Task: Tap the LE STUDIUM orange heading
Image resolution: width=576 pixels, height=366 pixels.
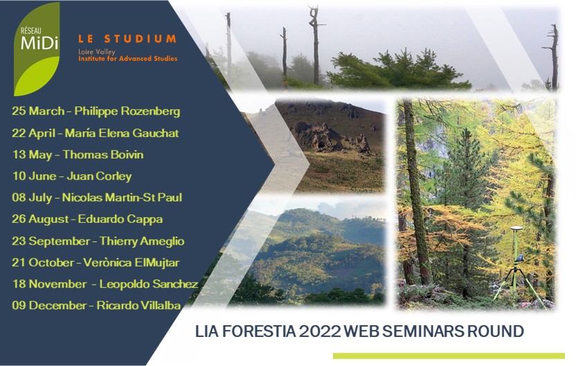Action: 127,39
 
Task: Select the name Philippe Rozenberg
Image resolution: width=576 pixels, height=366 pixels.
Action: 127,111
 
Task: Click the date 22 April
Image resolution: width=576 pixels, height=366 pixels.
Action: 33,133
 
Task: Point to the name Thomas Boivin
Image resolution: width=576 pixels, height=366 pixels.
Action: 103,154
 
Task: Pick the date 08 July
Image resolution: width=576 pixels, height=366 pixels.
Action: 32,197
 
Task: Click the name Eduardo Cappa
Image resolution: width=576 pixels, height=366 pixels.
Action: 120,219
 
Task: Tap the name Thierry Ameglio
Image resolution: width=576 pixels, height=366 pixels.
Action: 142,241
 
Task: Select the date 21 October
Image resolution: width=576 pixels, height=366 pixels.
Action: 43,262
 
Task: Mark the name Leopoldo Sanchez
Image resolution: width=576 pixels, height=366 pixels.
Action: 149,284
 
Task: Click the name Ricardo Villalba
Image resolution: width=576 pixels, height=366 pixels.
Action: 138,305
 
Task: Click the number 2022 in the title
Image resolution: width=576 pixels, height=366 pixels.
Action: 320,331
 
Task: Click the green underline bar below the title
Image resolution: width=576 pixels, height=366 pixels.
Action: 449,356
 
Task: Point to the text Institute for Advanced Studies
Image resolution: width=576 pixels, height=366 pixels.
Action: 127,59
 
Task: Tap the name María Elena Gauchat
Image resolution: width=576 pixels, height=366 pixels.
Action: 122,133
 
